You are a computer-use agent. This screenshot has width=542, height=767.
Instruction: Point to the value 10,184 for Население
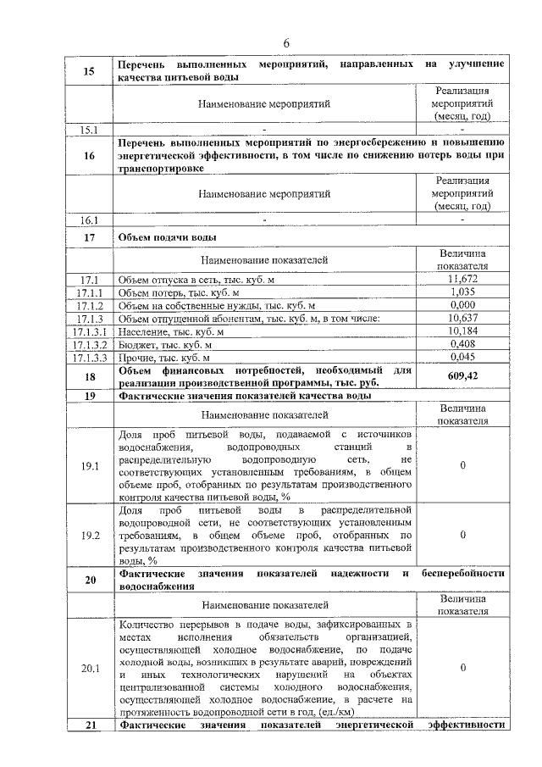[x=462, y=331]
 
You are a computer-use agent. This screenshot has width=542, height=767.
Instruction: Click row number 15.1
[x=89, y=130]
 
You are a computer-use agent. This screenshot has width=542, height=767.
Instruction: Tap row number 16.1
[x=89, y=220]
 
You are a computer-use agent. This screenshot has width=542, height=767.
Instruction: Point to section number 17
[x=89, y=236]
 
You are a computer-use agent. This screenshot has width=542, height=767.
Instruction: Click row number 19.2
[x=89, y=535]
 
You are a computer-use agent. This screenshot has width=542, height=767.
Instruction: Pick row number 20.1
[x=89, y=668]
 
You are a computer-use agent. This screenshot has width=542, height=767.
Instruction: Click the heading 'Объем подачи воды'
[x=168, y=236]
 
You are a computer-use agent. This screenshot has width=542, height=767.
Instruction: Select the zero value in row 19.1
[x=462, y=465]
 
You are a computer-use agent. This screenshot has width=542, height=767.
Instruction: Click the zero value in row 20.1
[x=462, y=668]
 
